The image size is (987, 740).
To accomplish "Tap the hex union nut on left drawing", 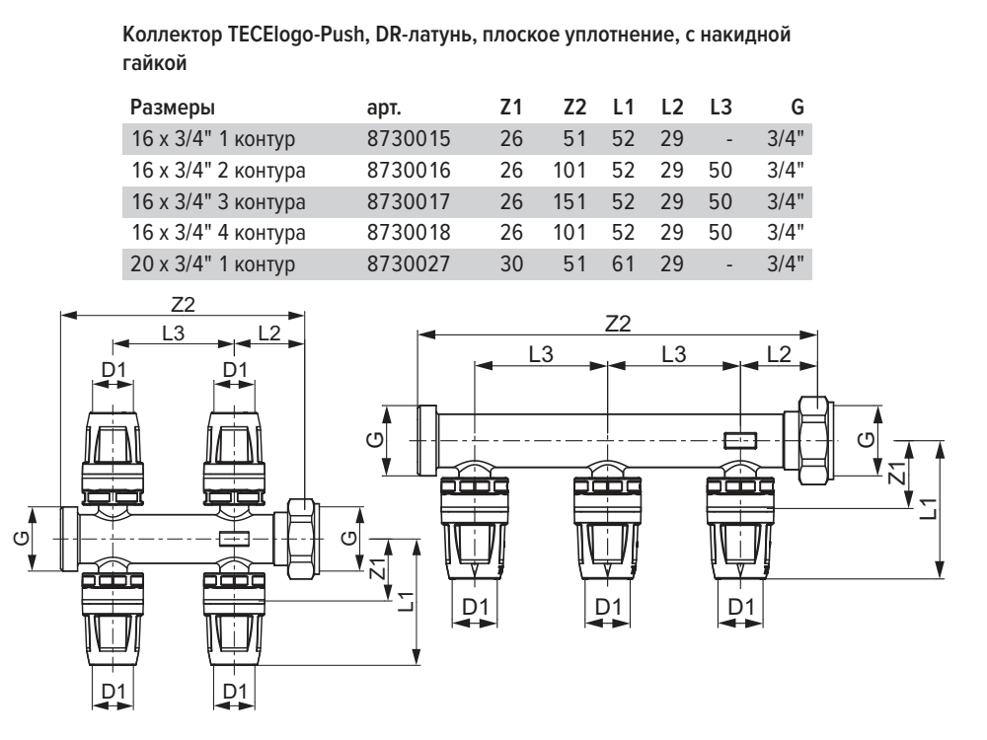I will [297, 539].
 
